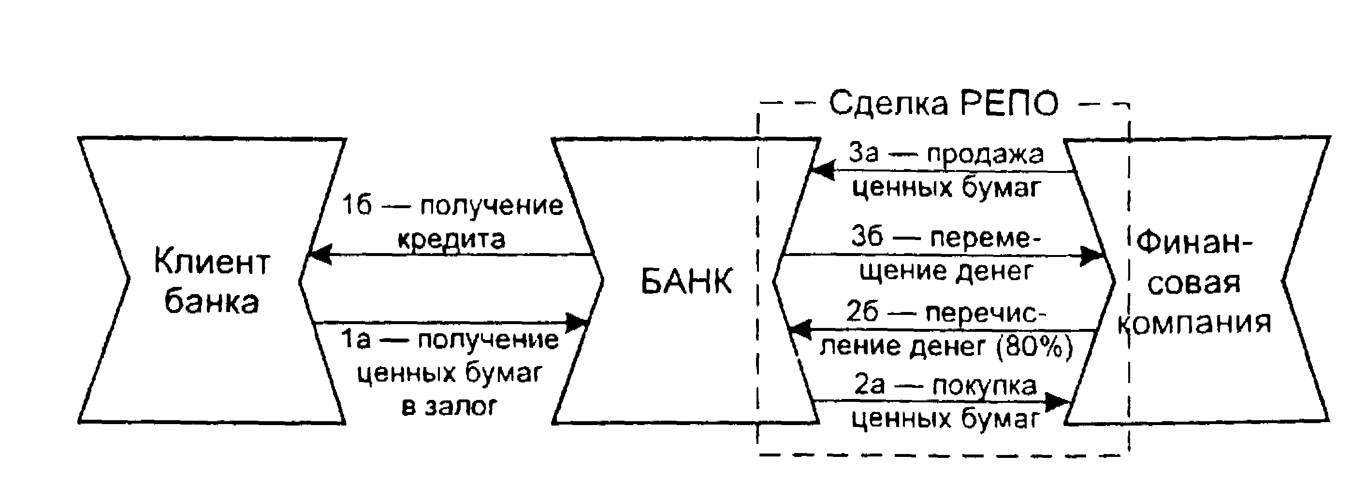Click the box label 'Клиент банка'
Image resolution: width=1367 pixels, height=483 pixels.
(x=211, y=282)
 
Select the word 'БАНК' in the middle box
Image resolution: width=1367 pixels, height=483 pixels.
(x=686, y=281)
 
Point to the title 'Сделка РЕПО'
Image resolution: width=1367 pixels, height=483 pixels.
(x=944, y=103)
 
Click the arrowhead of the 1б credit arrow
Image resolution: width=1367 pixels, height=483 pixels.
(x=319, y=255)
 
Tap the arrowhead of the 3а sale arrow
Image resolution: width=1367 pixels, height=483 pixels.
(x=823, y=171)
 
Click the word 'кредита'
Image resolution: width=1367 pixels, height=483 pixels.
(x=451, y=239)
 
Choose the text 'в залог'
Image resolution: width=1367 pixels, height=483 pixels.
(x=449, y=407)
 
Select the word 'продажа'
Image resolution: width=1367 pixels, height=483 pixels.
(x=985, y=154)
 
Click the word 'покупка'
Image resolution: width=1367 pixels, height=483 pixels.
(x=984, y=385)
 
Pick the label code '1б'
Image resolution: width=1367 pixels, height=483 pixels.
(x=356, y=205)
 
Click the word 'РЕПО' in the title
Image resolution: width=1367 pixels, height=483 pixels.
(x=1009, y=103)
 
